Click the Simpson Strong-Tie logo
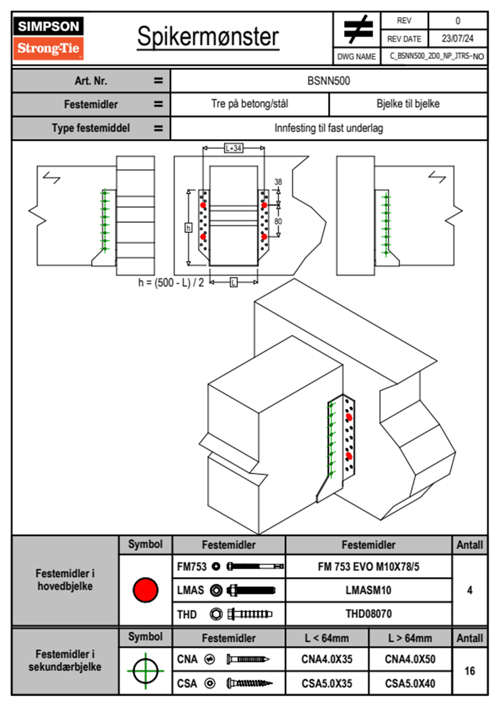[x=48, y=38]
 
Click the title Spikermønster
[x=208, y=37]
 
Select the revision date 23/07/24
[x=457, y=39]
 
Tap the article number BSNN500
[x=329, y=81]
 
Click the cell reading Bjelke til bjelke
[x=408, y=104]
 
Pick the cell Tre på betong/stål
[x=250, y=104]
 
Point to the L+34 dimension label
[x=234, y=148]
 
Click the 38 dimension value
[x=278, y=182]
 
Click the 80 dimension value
[x=278, y=221]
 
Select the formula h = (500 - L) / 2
[x=171, y=282]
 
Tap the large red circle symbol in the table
[x=145, y=590]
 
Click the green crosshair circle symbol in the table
[x=145, y=671]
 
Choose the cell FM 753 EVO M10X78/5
[x=368, y=567]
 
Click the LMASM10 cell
[x=368, y=590]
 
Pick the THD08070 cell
[x=368, y=614]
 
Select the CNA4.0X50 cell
[x=410, y=659]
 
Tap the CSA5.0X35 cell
[x=327, y=683]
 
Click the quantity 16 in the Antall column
[x=470, y=671]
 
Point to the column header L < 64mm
[x=327, y=638]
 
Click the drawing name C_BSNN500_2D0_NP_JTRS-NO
[x=437, y=56]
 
